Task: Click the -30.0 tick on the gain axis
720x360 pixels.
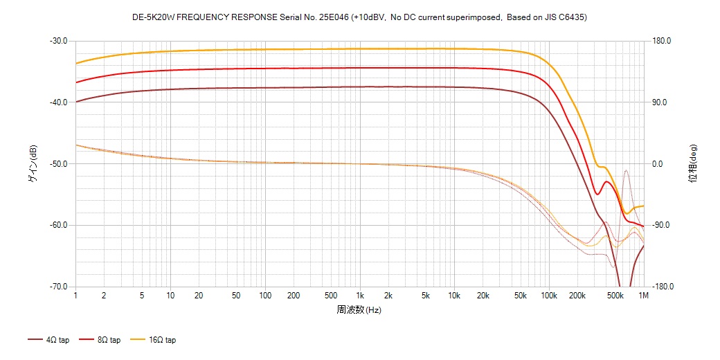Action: pos(58,41)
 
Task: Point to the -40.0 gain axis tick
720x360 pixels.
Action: pos(58,102)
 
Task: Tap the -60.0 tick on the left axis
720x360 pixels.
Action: pos(58,226)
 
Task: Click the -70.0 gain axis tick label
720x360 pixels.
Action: pos(58,287)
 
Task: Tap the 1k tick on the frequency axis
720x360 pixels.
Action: pos(359,296)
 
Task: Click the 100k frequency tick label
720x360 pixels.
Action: pos(549,296)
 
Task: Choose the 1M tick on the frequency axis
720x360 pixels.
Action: pos(644,296)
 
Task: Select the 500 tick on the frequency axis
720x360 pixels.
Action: pos(331,296)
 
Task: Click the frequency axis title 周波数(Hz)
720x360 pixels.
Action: pos(359,310)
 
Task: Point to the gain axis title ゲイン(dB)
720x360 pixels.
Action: pos(33,163)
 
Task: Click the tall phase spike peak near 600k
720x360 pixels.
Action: pos(626,170)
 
